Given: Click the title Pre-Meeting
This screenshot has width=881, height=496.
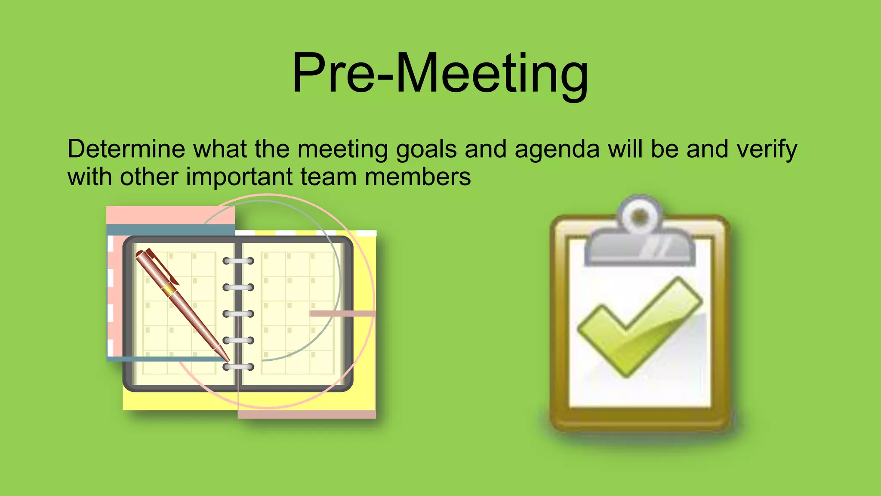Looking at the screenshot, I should (x=440, y=73).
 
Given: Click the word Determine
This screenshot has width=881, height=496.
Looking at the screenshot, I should (x=126, y=149).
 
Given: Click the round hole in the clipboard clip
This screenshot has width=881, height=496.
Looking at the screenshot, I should (x=640, y=216).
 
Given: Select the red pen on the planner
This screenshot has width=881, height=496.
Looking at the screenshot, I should (x=181, y=301).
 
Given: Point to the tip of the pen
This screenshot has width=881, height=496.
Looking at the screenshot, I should (x=228, y=360).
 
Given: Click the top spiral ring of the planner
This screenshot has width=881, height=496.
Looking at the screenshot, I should (x=238, y=261).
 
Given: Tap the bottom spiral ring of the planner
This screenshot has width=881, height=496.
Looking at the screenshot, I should (x=238, y=367).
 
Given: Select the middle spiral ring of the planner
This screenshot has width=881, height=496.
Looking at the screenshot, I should (x=238, y=314).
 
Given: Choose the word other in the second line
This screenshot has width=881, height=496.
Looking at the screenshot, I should (x=149, y=177).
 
